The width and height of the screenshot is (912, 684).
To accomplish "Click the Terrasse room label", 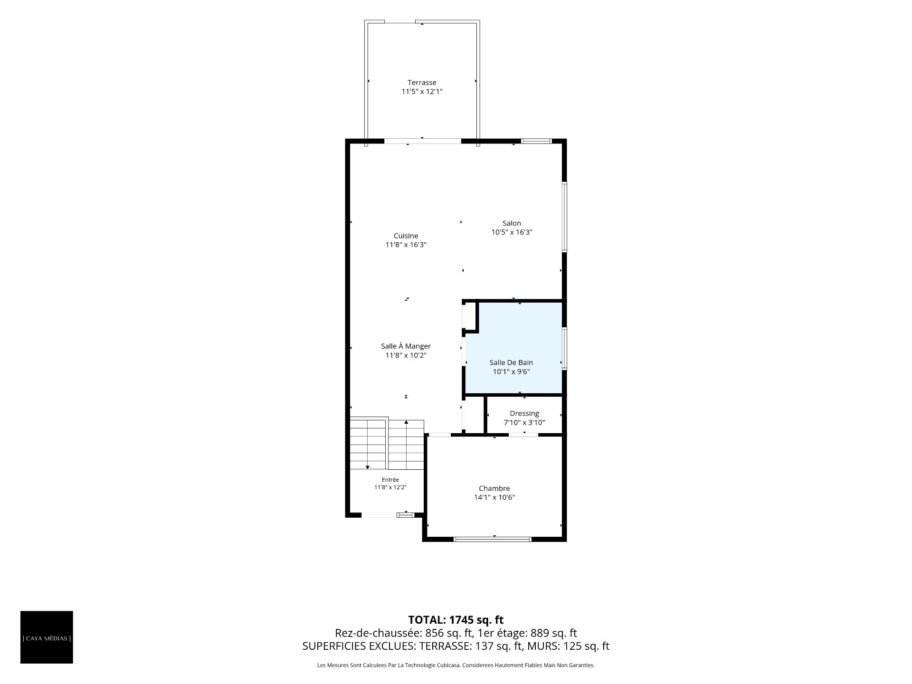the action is (x=422, y=83).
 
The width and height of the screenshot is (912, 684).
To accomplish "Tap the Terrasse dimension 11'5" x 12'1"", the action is (x=422, y=92).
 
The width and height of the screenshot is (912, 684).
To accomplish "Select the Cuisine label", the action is (x=406, y=236).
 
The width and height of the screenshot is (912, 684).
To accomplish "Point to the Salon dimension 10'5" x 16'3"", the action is (x=512, y=232).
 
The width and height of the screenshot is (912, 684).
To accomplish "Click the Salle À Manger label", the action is (x=406, y=346).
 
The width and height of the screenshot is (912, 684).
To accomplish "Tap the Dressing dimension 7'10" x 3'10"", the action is (x=524, y=422).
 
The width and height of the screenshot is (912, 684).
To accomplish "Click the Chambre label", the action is (x=494, y=488).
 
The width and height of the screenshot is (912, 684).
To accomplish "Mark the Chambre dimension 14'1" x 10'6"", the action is (x=494, y=497).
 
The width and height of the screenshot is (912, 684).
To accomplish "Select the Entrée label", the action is (x=390, y=480).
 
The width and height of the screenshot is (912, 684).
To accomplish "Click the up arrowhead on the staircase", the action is (x=406, y=422).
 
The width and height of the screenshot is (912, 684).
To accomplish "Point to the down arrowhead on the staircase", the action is (x=368, y=468).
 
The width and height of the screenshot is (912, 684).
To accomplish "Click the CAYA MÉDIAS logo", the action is (x=47, y=637).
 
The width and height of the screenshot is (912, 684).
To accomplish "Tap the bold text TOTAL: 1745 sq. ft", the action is (x=456, y=620).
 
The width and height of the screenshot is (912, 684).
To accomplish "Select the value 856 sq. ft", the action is (x=449, y=633).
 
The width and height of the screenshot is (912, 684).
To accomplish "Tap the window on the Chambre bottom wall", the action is (x=493, y=539).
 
